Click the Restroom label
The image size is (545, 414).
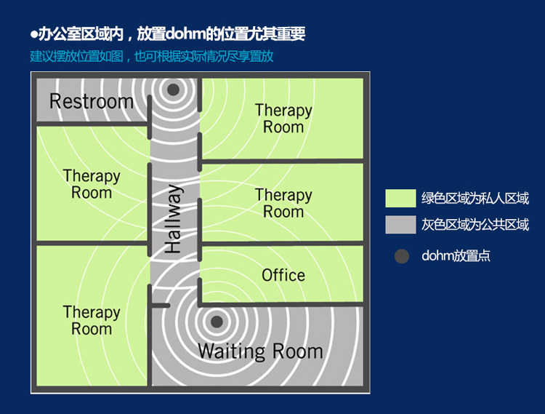[92, 101]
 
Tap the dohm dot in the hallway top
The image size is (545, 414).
[173, 89]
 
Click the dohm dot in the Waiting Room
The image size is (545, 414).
[216, 321]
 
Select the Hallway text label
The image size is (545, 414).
[173, 219]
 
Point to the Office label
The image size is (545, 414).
[283, 275]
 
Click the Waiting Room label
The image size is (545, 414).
[260, 351]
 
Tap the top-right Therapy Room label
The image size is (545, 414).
[283, 119]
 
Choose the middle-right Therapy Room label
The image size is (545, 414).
[283, 204]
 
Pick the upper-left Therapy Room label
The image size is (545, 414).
[92, 184]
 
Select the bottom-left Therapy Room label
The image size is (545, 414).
[92, 320]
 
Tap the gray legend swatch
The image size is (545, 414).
[400, 225]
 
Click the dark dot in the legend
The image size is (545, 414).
[401, 256]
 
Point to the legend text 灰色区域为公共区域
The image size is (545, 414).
[475, 225]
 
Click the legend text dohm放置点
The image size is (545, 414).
[456, 256]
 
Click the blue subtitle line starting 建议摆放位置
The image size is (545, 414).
[152, 56]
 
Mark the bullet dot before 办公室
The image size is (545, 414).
[33, 34]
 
